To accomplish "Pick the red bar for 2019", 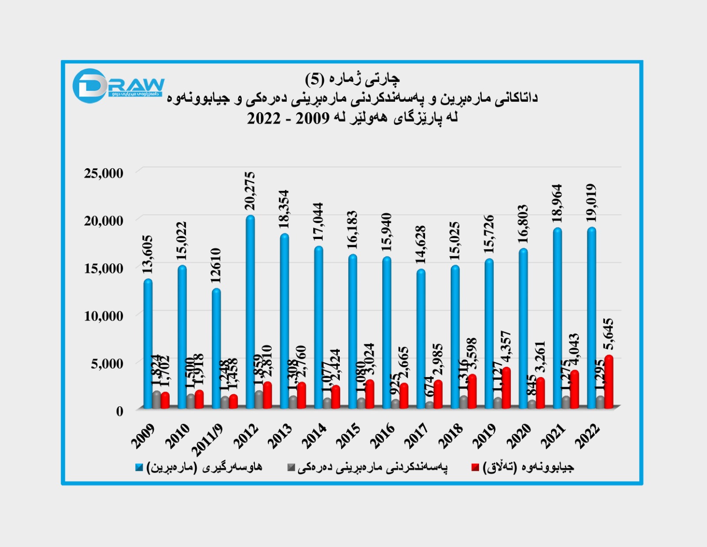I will coord(506,388).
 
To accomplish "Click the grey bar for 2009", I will coord(156,399).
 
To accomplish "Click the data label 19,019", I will coord(591,203).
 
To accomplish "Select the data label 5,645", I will coord(609,334).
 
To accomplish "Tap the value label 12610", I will coord(216,266).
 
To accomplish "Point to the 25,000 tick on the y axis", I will coord(104,173).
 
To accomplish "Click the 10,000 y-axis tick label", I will coord(104,316).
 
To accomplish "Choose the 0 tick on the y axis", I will coord(120,411).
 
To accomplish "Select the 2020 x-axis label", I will coord(519,436).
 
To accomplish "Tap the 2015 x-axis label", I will coord(349,436).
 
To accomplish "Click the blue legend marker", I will coord(140,467).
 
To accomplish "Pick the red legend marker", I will coord(475,467).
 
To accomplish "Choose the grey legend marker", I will coord(291,467).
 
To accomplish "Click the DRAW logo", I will coord(118,85).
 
